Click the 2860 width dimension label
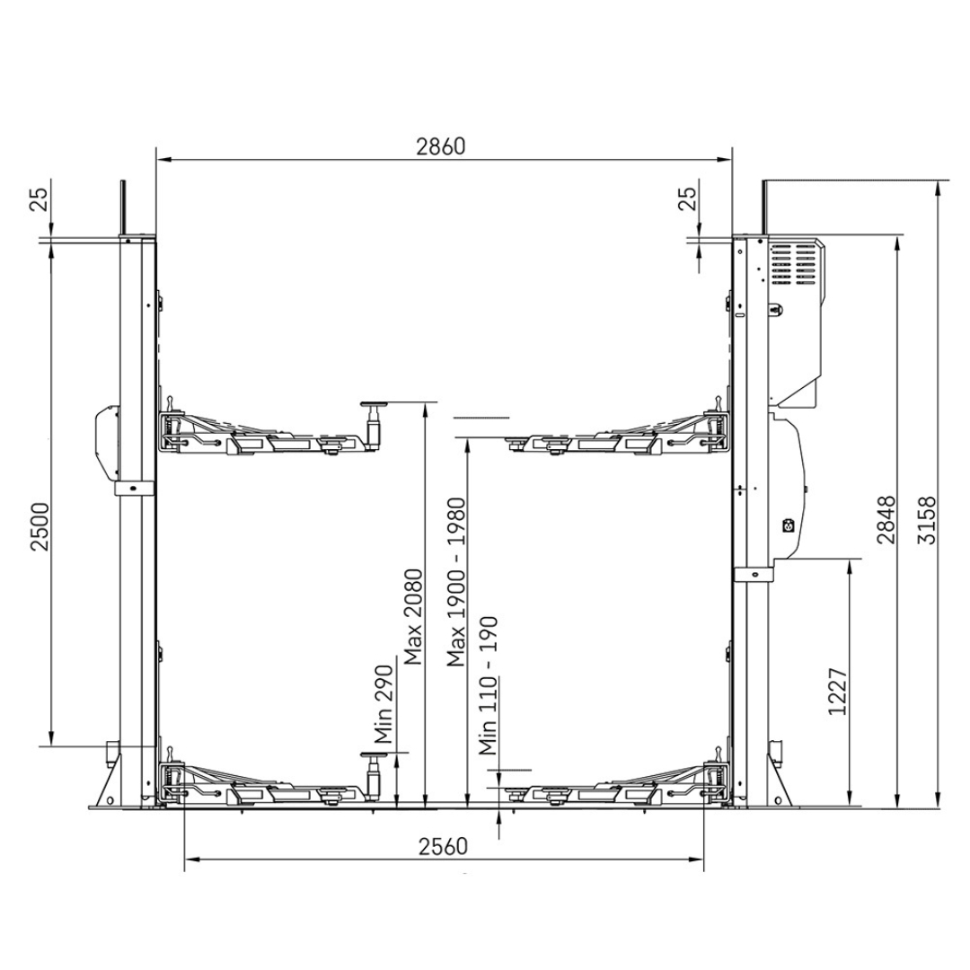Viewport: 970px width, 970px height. click(440, 146)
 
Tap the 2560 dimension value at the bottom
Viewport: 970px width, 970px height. click(443, 846)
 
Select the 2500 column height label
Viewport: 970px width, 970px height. click(40, 526)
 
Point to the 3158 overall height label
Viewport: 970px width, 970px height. click(927, 520)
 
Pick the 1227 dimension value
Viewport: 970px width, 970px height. click(838, 691)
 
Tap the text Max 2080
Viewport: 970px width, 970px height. click(412, 617)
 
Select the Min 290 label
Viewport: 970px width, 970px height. click(384, 704)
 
